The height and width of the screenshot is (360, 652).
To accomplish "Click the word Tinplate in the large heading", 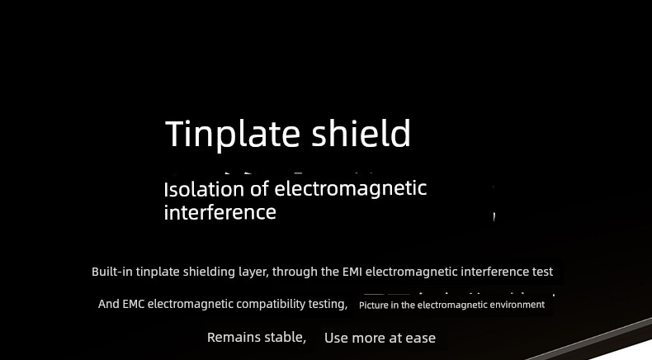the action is point(233,134).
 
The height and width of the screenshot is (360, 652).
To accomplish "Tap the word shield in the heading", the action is point(361,133).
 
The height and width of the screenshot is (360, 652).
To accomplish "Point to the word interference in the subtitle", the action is point(220,212).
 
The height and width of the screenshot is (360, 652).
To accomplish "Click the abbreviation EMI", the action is point(352,272).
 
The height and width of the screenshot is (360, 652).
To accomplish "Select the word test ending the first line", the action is point(542,272).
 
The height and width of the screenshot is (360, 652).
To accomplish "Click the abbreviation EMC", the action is point(133,304).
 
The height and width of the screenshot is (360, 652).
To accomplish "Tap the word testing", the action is point(328,305).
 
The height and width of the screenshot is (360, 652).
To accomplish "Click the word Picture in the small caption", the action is point(373,305).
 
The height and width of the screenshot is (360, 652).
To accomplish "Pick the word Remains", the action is point(231,337).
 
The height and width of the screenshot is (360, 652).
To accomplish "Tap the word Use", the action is point(336,338).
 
